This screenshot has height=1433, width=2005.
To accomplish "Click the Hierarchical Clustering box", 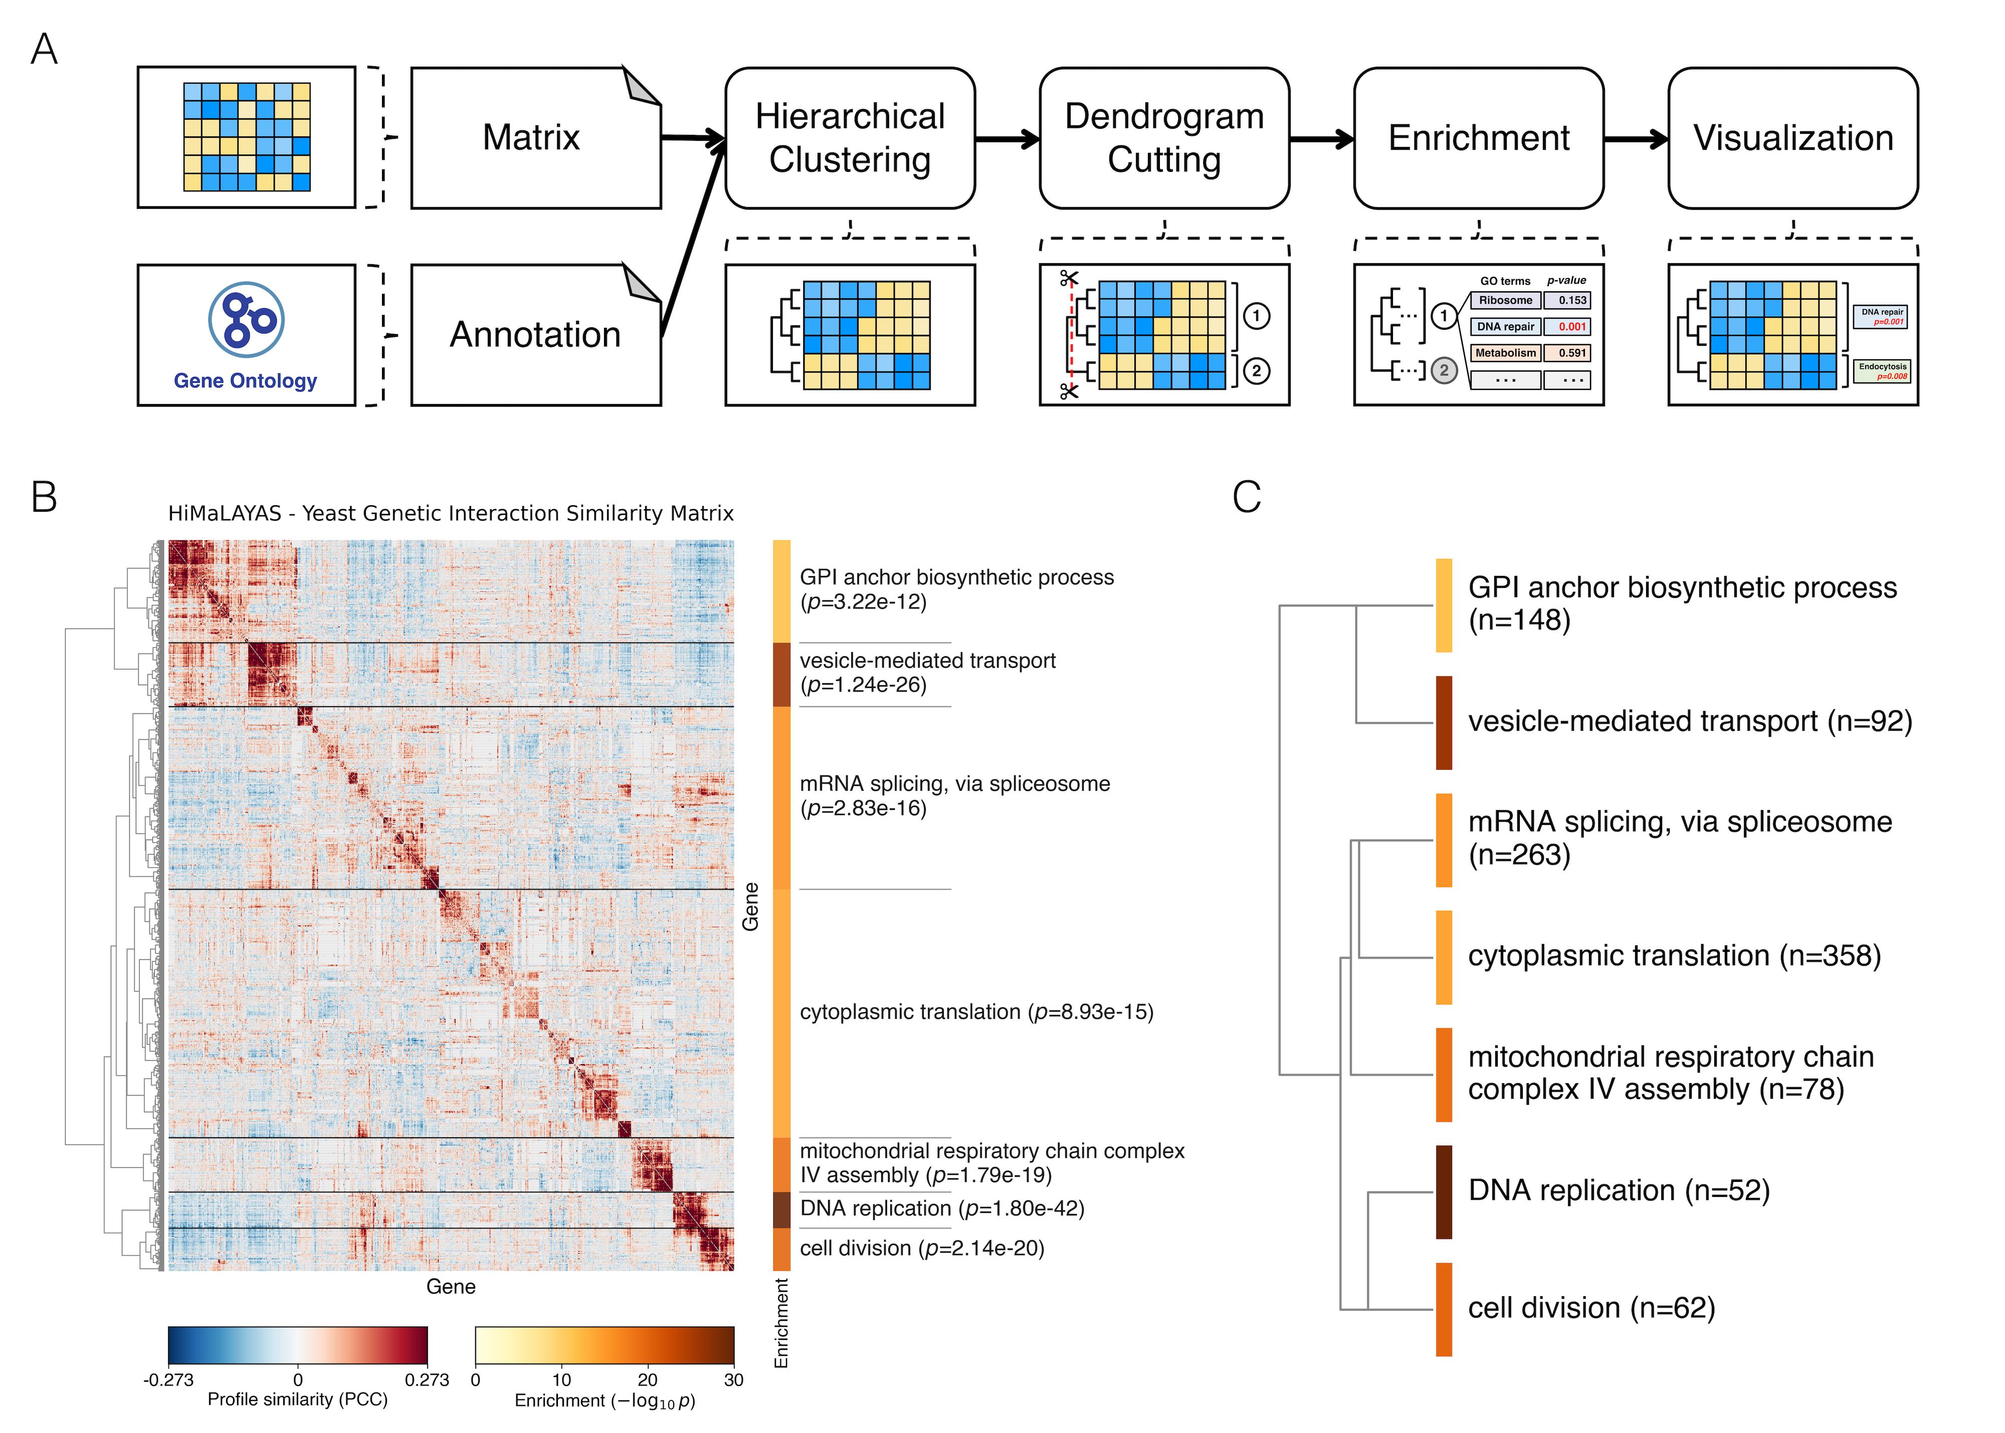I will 850,138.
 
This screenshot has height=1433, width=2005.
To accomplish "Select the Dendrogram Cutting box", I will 1164,138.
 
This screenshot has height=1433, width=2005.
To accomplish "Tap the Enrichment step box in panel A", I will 1478,138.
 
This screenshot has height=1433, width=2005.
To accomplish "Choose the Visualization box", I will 1792,138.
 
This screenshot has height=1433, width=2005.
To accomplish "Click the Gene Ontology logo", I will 246,319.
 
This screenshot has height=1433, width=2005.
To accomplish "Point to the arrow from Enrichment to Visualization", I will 1635,138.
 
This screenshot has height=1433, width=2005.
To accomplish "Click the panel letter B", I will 44,497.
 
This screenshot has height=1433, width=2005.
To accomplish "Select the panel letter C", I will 1246,497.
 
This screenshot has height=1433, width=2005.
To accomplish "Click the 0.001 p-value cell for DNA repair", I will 1572,326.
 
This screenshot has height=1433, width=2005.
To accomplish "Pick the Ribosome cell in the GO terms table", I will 1506,300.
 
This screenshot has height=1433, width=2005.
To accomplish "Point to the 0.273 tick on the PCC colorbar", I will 427,1380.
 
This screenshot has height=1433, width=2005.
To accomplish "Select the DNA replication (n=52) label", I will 1619,1190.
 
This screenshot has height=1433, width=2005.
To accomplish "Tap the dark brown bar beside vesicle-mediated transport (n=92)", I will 1444,723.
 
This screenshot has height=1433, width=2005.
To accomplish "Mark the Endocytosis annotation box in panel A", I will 1882,370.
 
